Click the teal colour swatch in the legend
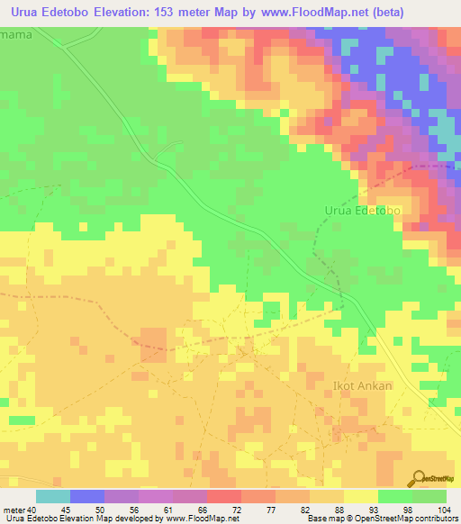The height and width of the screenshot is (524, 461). [x=53, y=497]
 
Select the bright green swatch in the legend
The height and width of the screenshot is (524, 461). [x=429, y=497]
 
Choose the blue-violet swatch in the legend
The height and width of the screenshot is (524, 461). [x=87, y=497]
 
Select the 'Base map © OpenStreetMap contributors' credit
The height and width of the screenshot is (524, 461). [x=381, y=518]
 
